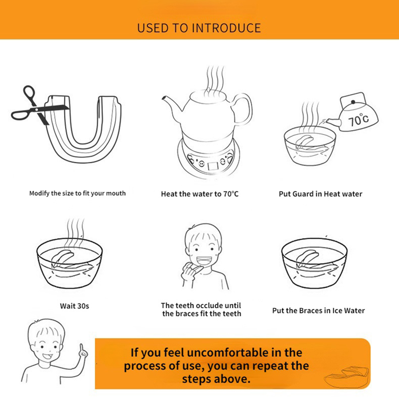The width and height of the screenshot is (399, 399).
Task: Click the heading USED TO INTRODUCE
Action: pyautogui.click(x=199, y=28)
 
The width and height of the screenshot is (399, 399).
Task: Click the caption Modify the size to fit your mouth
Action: pyautogui.click(x=77, y=194)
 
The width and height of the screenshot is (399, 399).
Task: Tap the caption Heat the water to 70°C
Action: pyautogui.click(x=200, y=194)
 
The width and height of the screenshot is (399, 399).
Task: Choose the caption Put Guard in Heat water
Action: pyautogui.click(x=321, y=194)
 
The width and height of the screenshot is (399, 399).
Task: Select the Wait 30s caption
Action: pyautogui.click(x=74, y=306)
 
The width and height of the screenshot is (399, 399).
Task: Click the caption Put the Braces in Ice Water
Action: pyautogui.click(x=319, y=311)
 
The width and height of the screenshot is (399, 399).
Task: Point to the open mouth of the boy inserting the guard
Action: pyautogui.click(x=204, y=260)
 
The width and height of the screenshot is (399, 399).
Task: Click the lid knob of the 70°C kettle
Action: pyautogui.click(x=353, y=102)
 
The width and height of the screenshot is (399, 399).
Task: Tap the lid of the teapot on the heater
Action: pyautogui.click(x=208, y=96)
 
